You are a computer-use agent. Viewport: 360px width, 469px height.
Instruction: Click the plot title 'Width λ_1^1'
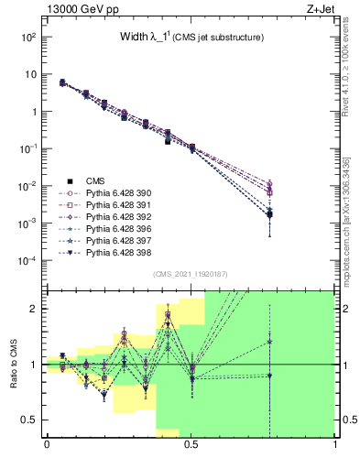pyautogui.click(x=192, y=38)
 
